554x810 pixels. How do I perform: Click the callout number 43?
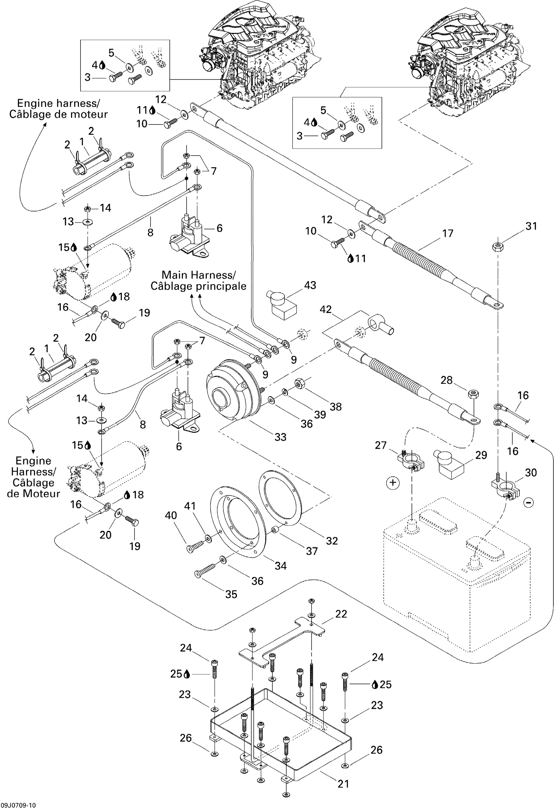pyautogui.click(x=310, y=285)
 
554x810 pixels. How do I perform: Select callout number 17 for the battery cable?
pyautogui.click(x=448, y=234)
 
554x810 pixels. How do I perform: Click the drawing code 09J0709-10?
pyautogui.click(x=18, y=805)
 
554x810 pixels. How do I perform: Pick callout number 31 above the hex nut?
pyautogui.click(x=531, y=226)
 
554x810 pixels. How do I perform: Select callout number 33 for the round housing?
pyautogui.click(x=280, y=437)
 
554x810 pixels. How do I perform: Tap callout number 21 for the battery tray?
pyautogui.click(x=343, y=784)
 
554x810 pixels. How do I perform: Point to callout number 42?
pyautogui.click(x=326, y=310)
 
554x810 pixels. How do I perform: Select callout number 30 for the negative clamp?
pyautogui.click(x=531, y=473)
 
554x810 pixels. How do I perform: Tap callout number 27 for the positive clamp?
pyautogui.click(x=381, y=445)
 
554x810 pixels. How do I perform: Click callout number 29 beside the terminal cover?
pyautogui.click(x=481, y=455)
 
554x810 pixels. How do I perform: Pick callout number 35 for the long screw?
pyautogui.click(x=231, y=594)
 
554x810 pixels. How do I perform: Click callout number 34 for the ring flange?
pyautogui.click(x=281, y=566)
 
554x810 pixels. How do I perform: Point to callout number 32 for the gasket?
pyautogui.click(x=331, y=541)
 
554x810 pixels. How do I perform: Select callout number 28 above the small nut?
pyautogui.click(x=446, y=380)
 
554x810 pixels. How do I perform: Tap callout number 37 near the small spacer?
pyautogui.click(x=312, y=551)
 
